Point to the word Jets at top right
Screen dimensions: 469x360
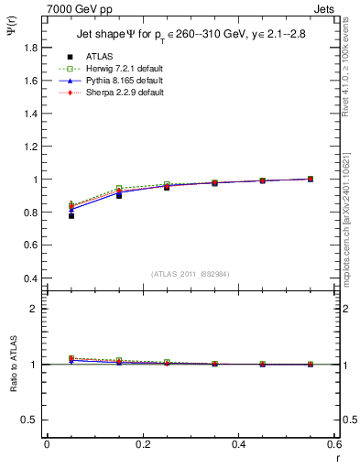pos(326,8)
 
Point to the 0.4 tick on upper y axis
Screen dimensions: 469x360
pos(30,278)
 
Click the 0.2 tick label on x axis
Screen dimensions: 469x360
pos(143,443)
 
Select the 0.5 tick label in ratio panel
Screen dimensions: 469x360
pos(30,420)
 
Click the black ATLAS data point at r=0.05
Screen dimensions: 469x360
pos(71,215)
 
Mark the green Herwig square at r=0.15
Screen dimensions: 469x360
pos(119,189)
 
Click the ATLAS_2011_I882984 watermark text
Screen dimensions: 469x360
pos(191,274)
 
